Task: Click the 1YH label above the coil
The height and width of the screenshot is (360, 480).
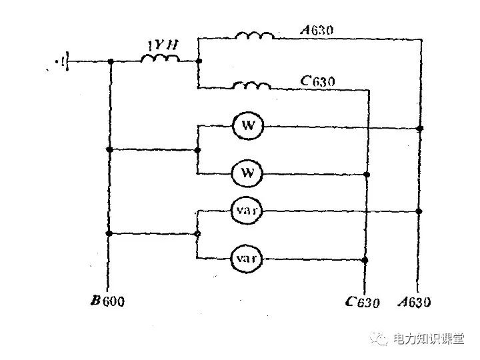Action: (163, 47)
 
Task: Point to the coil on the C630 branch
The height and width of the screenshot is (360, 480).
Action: (252, 86)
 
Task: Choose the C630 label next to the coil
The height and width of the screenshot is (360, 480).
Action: (317, 81)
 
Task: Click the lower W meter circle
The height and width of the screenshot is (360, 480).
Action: (247, 174)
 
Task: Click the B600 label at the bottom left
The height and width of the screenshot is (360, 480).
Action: (108, 301)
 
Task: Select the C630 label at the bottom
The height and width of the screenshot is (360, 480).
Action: (363, 302)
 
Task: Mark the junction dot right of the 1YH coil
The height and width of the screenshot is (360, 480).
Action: (199, 62)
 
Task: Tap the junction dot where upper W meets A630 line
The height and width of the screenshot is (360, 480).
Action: (419, 127)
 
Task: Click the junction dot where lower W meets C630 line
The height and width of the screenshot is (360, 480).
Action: (366, 174)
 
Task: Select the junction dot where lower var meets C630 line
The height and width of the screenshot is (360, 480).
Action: (366, 259)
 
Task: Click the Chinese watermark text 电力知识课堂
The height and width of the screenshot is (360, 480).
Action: (428, 339)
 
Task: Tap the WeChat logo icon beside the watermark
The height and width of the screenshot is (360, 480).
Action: (382, 339)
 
